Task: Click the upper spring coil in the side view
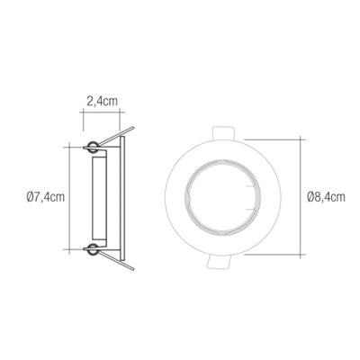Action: [x=93, y=147]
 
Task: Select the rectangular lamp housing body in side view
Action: [x=99, y=197]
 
